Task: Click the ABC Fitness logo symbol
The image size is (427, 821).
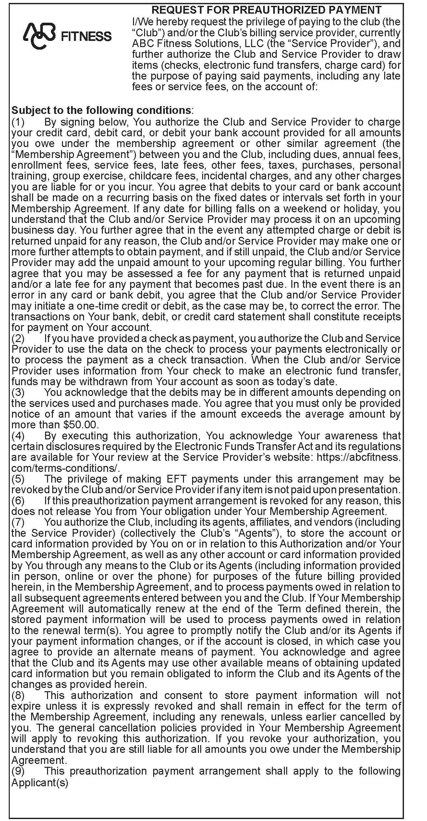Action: click(39, 36)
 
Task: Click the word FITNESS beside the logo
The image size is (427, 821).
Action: click(86, 36)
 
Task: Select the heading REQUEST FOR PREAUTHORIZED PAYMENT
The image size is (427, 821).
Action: click(266, 10)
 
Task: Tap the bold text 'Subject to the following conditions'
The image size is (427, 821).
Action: click(101, 110)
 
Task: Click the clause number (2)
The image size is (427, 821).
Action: click(18, 338)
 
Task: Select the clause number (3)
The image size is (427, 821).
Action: click(18, 392)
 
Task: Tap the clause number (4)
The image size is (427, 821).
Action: click(18, 435)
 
